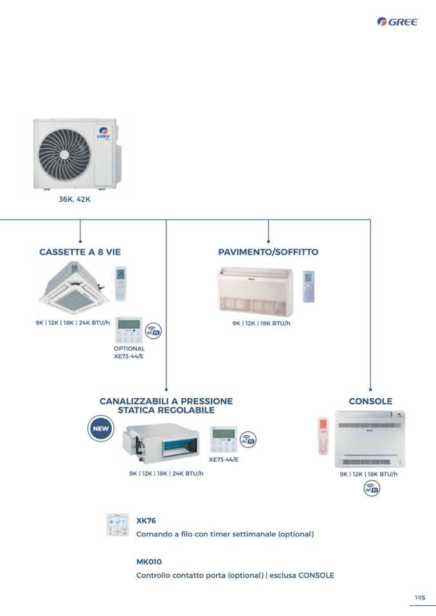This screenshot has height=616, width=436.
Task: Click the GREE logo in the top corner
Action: pos(397,22)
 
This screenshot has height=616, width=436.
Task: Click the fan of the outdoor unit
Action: pos(64,155)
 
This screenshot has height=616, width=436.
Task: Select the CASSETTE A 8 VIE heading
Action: pos(80,252)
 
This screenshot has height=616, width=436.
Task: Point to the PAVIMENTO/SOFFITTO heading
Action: pos(268,252)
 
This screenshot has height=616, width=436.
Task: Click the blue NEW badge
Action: pos(101,428)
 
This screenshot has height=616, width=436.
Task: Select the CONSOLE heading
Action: pos(370,401)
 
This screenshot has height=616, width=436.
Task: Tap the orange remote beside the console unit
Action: pos(323,437)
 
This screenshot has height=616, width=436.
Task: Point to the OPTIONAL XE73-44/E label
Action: pos(129,352)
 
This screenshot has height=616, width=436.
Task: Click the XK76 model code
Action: pos(146,521)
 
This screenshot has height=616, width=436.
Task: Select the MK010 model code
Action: pos(149,561)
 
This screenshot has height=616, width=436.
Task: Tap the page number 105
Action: pos(419,597)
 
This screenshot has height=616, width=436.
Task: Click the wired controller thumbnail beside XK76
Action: pos(118,525)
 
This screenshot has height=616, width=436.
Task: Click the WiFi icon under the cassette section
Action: pos(153,331)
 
